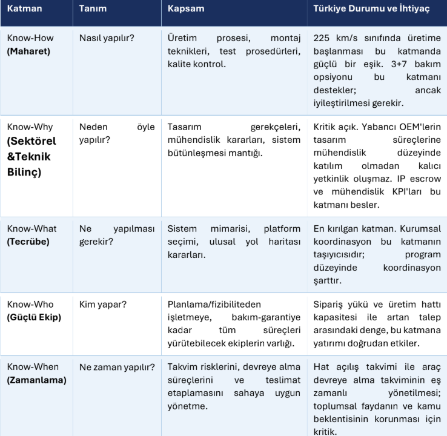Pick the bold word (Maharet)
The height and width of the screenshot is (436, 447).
[x=28, y=51]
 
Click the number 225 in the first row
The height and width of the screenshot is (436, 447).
[x=322, y=38]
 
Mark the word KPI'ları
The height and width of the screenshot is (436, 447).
[x=411, y=192]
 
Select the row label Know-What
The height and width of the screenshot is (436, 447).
[x=32, y=228]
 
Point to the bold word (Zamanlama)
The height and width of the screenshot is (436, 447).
[x=36, y=380]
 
